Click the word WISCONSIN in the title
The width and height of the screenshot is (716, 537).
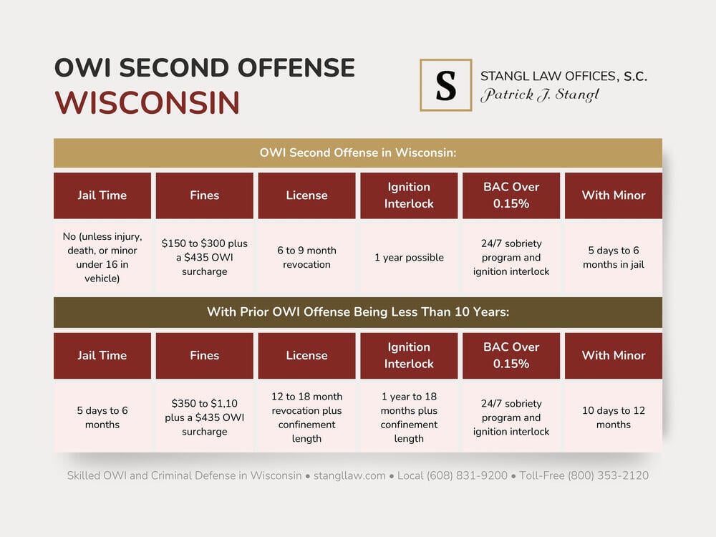coord(147,102)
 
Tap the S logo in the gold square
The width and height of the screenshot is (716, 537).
coord(445,85)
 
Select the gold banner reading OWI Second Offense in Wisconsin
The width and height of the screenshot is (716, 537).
coord(357,153)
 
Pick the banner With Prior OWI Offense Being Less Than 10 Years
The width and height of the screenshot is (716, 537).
coord(357,312)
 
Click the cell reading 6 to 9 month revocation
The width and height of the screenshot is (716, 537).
coord(306,258)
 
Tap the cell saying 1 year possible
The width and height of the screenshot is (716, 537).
coord(409,258)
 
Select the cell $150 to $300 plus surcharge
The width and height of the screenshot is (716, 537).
coord(204,258)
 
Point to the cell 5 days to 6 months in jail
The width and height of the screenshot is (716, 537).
coord(613,258)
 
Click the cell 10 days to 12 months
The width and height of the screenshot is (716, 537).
coord(613,417)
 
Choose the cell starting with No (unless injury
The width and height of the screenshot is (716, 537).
coord(102,258)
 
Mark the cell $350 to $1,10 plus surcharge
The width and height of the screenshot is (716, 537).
coord(204,417)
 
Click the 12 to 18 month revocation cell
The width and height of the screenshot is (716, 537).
coord(306,417)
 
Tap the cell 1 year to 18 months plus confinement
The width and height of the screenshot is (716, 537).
coord(409,417)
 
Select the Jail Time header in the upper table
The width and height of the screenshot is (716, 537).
coord(102,195)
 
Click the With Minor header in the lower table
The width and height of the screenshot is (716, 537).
coord(613,355)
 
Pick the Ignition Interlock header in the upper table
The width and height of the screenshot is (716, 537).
coord(409,195)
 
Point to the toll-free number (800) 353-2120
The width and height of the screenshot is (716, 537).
coord(608,475)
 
